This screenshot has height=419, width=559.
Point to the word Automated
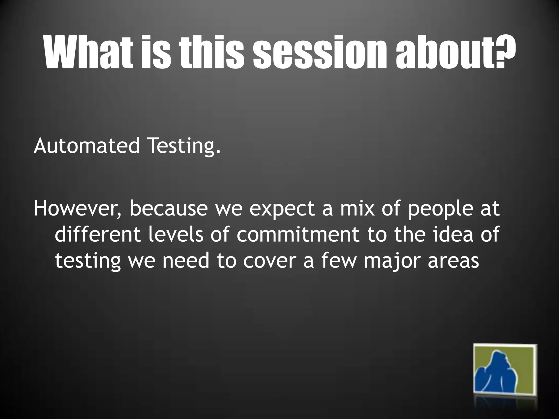click(x=86, y=146)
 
